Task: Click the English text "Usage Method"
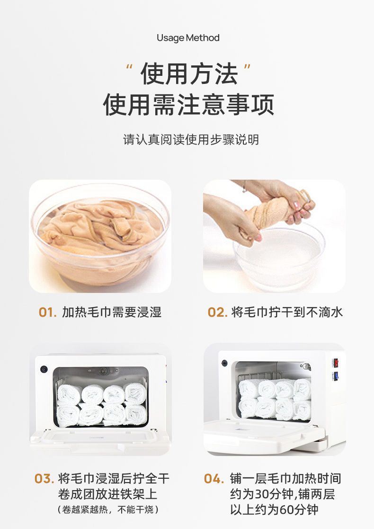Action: [188, 38]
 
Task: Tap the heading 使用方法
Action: [189, 74]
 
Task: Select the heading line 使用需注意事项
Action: [188, 105]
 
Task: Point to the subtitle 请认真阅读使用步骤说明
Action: [191, 139]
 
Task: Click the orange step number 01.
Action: [47, 312]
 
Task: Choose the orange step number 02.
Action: [217, 312]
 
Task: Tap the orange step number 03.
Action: [44, 479]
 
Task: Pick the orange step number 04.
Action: [214, 479]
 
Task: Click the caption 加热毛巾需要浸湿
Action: [112, 312]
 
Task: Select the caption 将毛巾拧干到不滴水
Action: [287, 312]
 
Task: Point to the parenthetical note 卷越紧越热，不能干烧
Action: [108, 509]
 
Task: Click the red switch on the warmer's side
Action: [336, 363]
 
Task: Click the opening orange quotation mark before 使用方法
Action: [129, 66]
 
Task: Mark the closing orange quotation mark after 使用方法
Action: [247, 66]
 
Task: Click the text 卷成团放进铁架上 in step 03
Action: [108, 494]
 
